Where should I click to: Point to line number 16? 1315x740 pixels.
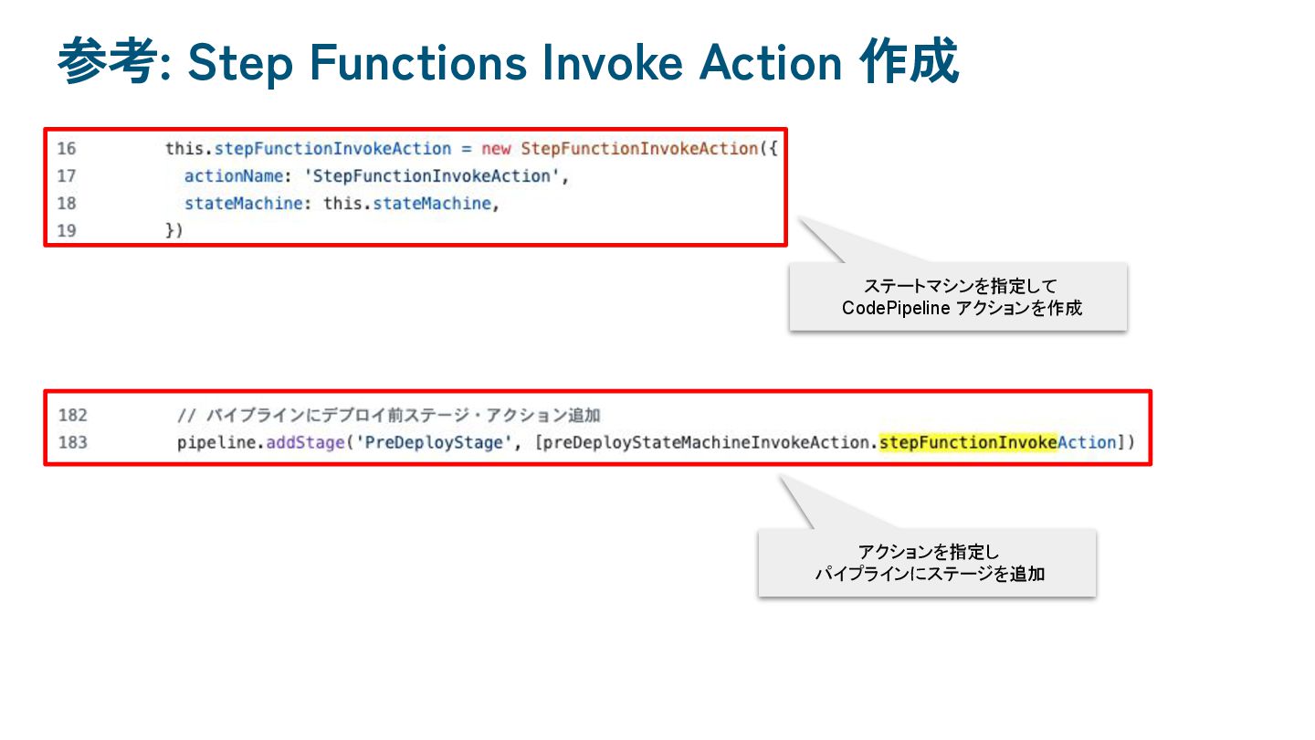point(67,149)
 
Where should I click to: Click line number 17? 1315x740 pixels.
point(67,176)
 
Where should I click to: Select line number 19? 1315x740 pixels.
point(67,231)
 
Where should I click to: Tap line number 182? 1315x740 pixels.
point(72,416)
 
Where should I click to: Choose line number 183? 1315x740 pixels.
point(72,443)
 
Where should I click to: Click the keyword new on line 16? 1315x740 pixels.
point(496,149)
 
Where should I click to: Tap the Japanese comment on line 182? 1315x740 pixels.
point(388,416)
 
